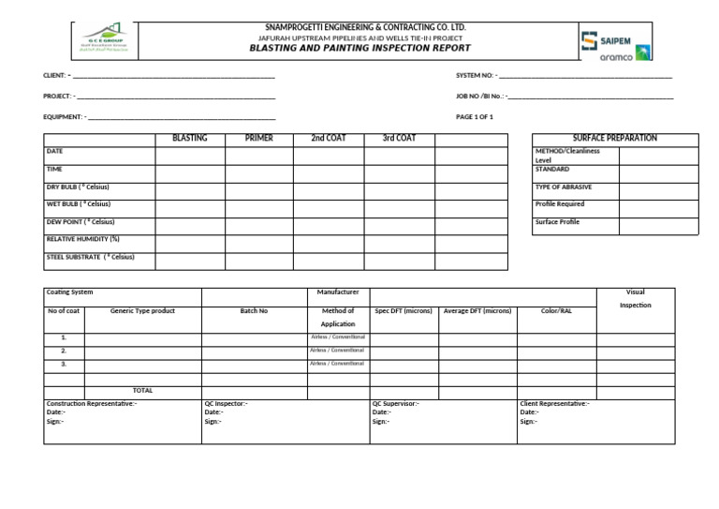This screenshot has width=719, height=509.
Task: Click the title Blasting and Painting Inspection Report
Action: [x=359, y=48]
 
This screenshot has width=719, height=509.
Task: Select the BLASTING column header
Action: [x=189, y=139]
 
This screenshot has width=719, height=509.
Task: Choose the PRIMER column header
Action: [x=258, y=139]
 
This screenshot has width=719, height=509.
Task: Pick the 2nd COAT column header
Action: [x=328, y=139]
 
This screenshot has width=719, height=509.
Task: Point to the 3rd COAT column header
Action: [x=399, y=139]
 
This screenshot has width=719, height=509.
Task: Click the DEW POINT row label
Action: [x=81, y=221]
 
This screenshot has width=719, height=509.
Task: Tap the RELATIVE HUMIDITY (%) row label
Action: [x=83, y=239]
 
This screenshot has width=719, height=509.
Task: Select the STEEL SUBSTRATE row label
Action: [x=91, y=256]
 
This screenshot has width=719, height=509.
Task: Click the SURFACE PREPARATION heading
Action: [x=615, y=139]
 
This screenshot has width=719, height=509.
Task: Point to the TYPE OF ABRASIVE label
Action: [x=563, y=187]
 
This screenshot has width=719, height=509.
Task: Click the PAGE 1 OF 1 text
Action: [x=475, y=117]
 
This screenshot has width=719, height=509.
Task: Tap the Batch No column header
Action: [x=254, y=310]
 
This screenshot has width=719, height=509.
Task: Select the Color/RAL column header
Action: [x=556, y=310]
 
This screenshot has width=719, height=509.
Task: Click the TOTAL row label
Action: [x=142, y=390]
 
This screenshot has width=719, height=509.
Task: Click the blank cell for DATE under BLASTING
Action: [x=189, y=156]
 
